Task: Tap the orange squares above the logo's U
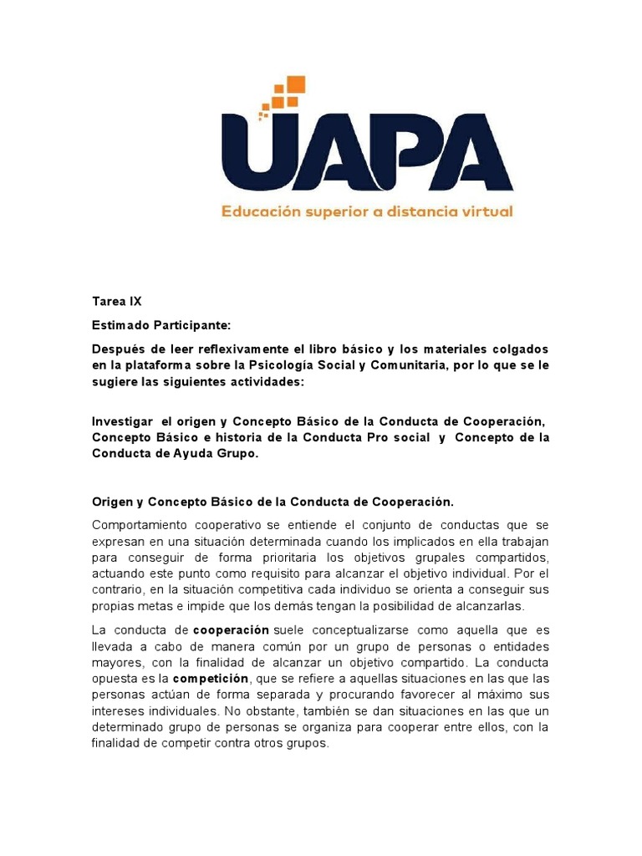point(285,94)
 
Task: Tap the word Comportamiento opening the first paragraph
point(147,524)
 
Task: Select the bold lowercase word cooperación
point(231,629)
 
